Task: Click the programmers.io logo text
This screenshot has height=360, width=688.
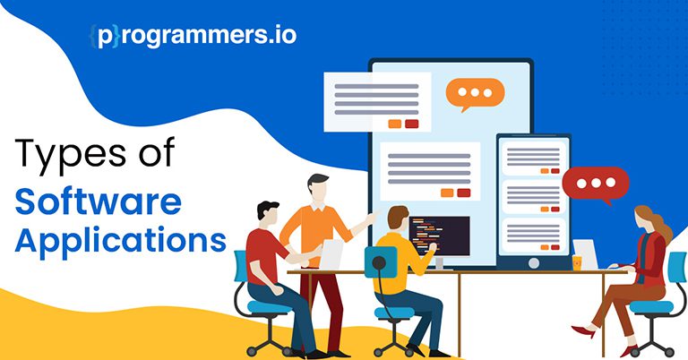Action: (x=193, y=35)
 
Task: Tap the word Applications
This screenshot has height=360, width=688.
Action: (x=120, y=240)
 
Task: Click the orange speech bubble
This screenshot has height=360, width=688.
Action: (x=475, y=94)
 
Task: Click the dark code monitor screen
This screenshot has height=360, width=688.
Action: (x=440, y=236)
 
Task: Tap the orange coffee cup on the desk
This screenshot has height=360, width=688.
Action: (x=577, y=262)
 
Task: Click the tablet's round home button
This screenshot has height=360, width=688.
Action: (x=534, y=262)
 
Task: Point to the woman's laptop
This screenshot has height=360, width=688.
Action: (x=586, y=254)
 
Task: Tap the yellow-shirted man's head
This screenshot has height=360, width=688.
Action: (x=398, y=219)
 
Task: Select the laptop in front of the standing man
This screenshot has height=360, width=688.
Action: (x=331, y=254)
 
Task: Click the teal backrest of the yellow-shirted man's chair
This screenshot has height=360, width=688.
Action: (x=381, y=262)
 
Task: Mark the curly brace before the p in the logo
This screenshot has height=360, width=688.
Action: (x=93, y=37)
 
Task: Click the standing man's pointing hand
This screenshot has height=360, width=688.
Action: (x=372, y=217)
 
